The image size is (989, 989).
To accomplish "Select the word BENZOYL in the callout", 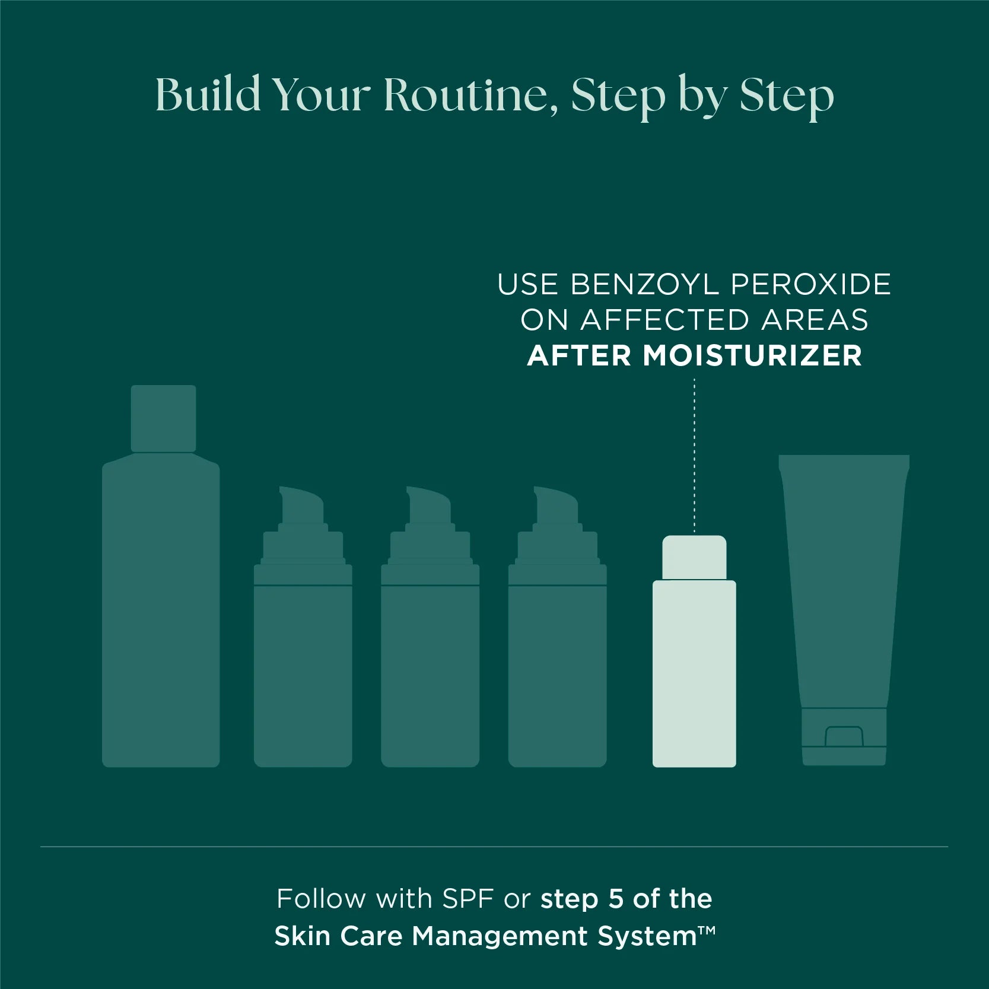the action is click(644, 284).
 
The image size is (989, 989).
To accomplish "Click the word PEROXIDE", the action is click(811, 284).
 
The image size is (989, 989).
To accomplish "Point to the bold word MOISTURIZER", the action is click(752, 355).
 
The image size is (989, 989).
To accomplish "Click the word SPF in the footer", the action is click(468, 899).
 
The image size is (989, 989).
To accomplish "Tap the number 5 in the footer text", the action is click(616, 899).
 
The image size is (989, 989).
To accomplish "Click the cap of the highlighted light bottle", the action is click(694, 557).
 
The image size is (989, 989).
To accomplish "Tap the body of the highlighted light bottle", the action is click(694, 673).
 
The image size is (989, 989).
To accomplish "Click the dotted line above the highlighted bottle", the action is click(694, 455).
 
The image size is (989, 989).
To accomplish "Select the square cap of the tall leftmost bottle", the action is click(163, 418).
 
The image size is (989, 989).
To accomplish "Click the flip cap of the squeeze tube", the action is click(844, 736).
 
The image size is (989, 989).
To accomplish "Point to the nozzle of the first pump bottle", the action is click(301, 504).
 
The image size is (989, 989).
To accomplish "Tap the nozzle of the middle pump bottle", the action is click(428, 504).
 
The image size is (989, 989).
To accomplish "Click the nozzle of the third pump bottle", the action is click(556, 504).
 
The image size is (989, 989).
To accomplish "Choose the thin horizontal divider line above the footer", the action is click(494, 847).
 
